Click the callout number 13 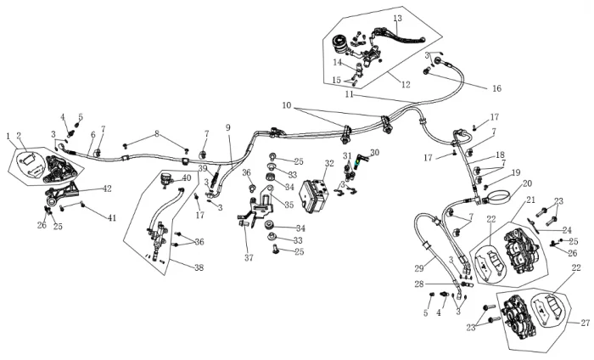[x=397, y=18]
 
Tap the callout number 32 [x=330, y=163]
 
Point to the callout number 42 [x=107, y=188]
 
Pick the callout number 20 [x=527, y=183]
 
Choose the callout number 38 [x=199, y=267]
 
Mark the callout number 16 [x=496, y=88]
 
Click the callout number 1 [x=8, y=136]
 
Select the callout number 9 [x=228, y=127]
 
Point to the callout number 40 [x=187, y=177]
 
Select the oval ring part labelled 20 [x=496, y=199]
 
